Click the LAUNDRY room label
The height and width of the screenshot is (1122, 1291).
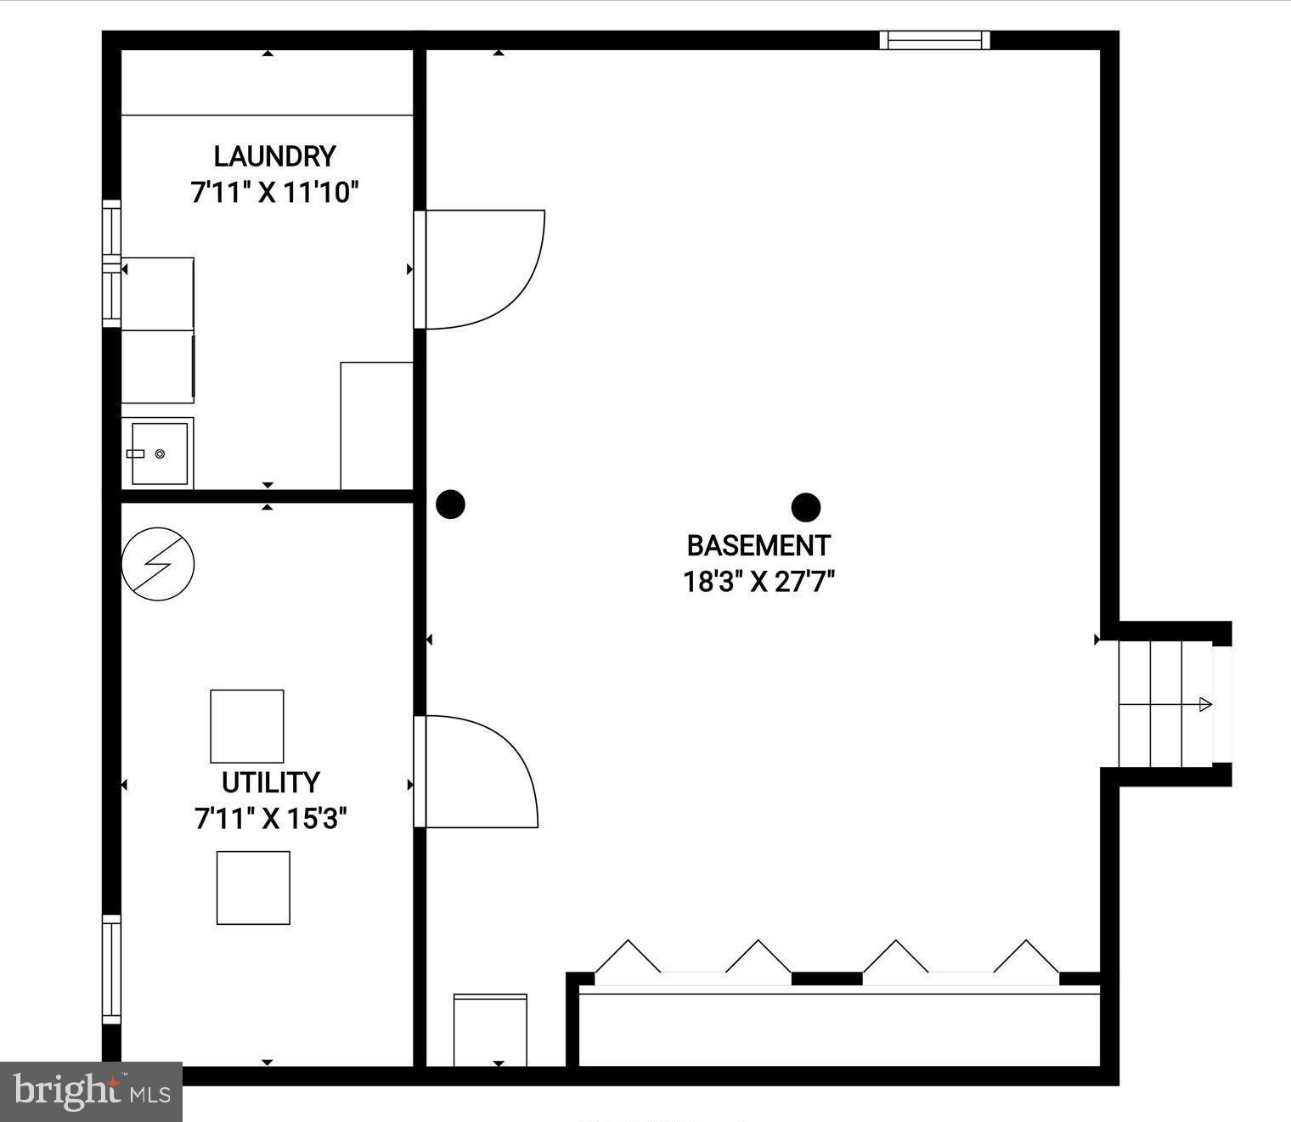point(274,156)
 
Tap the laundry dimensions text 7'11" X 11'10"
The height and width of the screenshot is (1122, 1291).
point(274,193)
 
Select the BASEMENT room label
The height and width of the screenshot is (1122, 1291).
point(758,545)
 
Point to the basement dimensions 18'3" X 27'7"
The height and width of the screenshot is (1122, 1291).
point(758,582)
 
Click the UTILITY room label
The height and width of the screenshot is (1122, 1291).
point(270,781)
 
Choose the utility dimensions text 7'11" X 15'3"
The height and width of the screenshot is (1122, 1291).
point(271,819)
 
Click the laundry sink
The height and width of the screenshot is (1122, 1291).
point(159,454)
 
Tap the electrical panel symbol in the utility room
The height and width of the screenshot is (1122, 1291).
point(158,564)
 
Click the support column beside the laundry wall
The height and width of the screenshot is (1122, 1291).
point(450,504)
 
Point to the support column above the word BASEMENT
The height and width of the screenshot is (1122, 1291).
point(805,508)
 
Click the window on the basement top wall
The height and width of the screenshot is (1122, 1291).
point(934,40)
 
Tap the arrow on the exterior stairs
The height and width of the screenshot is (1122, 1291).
point(1204,704)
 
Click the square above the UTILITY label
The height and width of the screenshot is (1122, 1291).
point(247,726)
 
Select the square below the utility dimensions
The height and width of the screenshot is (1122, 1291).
point(253,888)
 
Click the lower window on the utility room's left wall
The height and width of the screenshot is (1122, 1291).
point(111,969)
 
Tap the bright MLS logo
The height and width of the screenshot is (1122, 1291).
point(91,1091)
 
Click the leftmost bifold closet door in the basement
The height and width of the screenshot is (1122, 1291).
point(628,958)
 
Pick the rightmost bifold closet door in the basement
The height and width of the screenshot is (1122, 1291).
point(1027,958)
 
